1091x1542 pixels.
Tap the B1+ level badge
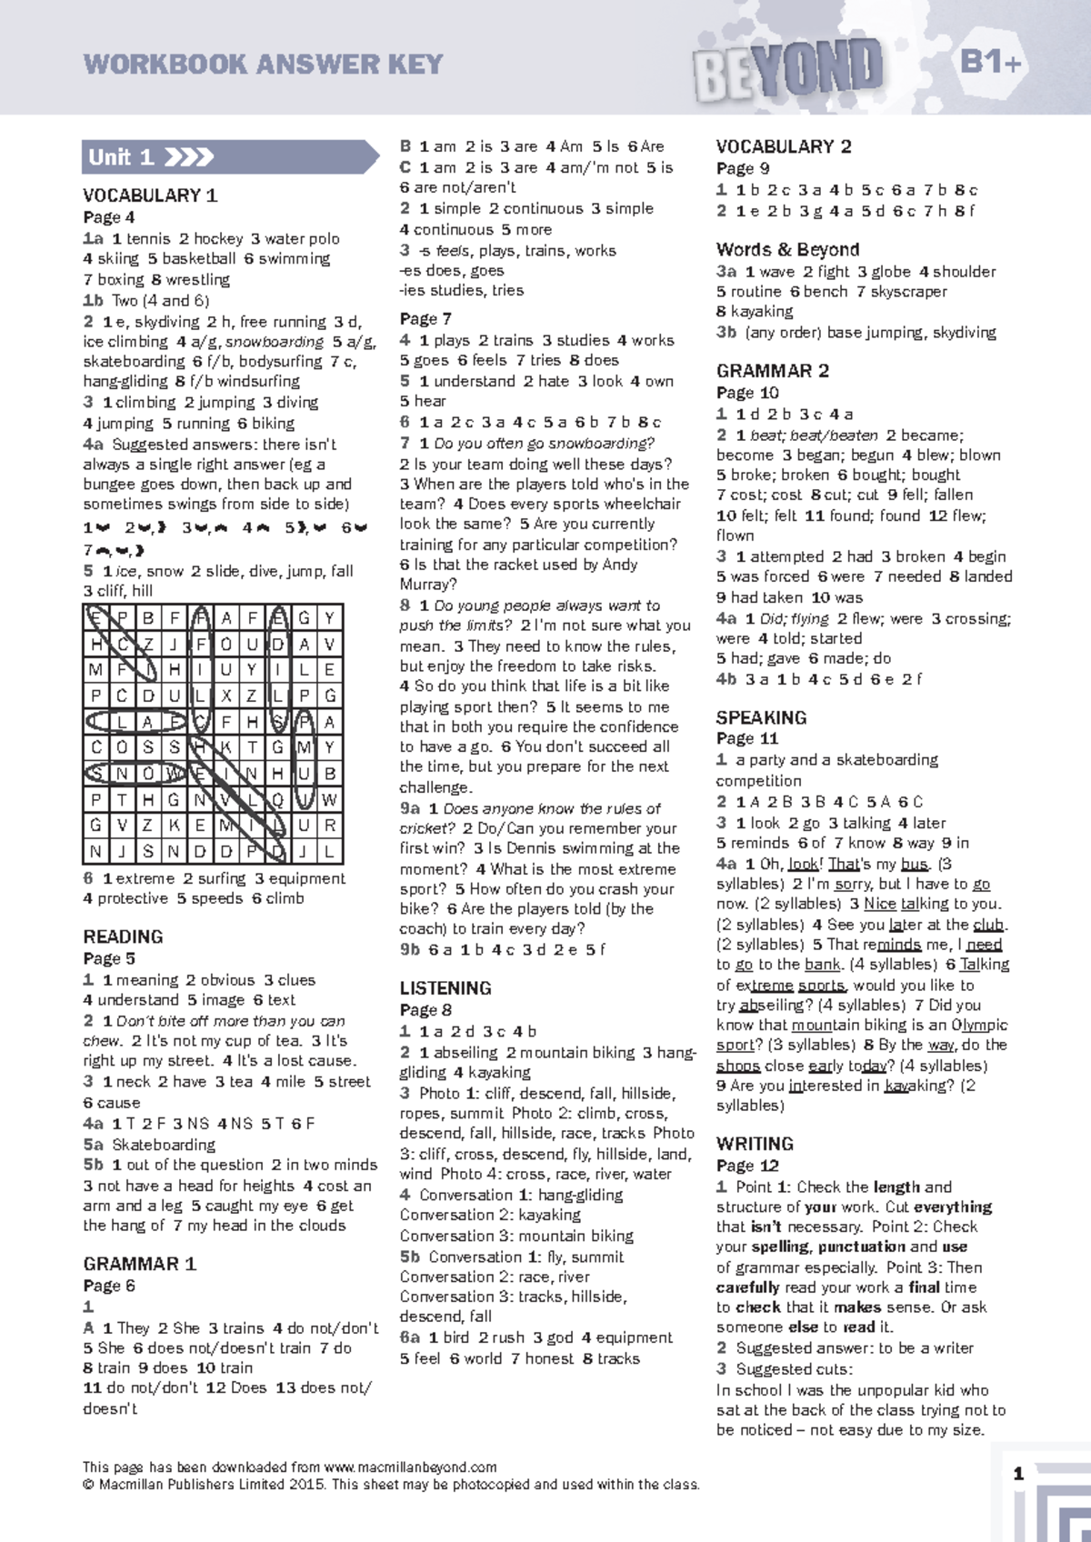(991, 62)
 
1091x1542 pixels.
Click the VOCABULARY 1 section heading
(150, 195)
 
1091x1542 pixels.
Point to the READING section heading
(123, 936)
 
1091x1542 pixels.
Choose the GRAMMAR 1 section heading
(139, 1264)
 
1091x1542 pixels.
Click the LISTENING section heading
(445, 988)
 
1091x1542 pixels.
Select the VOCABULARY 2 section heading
(784, 147)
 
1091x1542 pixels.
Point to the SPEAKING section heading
(761, 717)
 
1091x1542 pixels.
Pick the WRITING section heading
(755, 1144)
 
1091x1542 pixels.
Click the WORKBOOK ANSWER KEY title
(263, 65)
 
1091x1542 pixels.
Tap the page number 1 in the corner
(1018, 1474)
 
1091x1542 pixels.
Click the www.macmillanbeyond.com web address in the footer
(410, 1467)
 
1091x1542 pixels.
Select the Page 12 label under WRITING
(747, 1166)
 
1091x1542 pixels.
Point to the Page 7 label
(425, 319)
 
